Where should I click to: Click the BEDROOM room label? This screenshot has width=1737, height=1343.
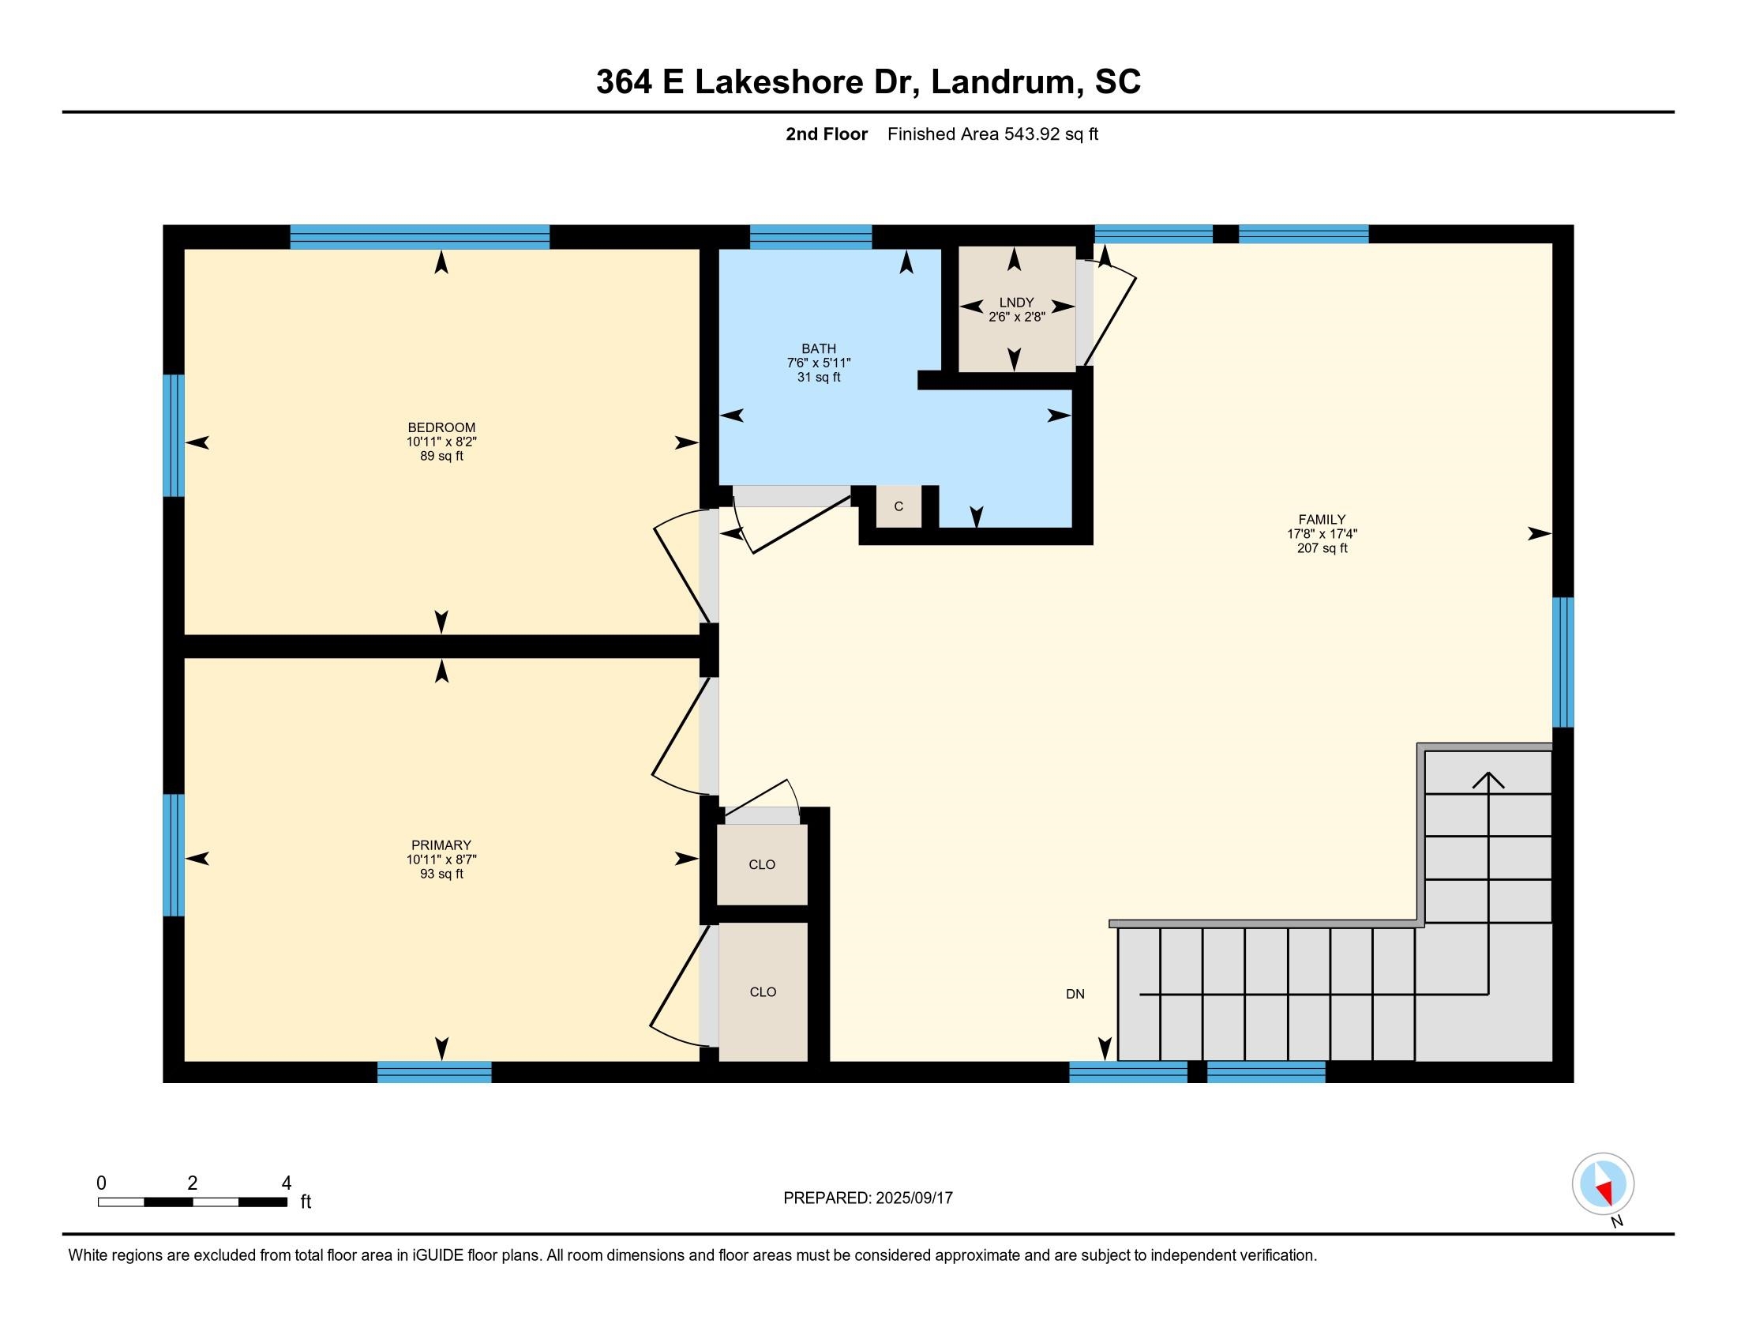tap(441, 427)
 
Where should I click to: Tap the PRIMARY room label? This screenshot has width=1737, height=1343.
tap(441, 845)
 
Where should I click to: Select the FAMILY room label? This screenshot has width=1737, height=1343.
tap(1322, 520)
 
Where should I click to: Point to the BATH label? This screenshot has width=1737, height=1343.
tap(819, 348)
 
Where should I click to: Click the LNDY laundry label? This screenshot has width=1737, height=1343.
tap(1016, 303)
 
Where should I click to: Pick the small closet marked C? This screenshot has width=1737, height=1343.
tap(899, 507)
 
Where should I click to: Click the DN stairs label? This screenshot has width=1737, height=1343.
tap(1075, 994)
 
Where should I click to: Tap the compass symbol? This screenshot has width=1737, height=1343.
tap(1603, 1183)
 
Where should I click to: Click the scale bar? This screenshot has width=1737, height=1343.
tap(193, 1202)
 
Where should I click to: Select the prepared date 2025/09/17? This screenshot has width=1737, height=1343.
tap(913, 1198)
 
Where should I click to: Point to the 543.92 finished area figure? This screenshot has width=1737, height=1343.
tap(1034, 134)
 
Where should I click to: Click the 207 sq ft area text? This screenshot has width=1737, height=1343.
tap(1322, 548)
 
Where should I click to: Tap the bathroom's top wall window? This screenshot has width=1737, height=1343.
tap(811, 237)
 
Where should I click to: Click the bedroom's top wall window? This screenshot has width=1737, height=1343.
tap(420, 237)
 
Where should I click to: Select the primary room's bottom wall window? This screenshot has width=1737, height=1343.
tap(434, 1072)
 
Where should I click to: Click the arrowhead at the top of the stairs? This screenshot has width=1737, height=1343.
tap(1488, 780)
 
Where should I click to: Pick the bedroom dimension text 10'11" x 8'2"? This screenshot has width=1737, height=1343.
tap(441, 442)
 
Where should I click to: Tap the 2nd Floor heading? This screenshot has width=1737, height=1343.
tap(827, 134)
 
